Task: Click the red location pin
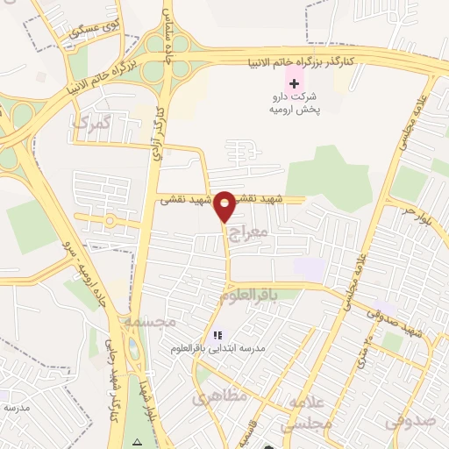point(225,206)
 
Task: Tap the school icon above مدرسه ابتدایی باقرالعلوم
point(218,335)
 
